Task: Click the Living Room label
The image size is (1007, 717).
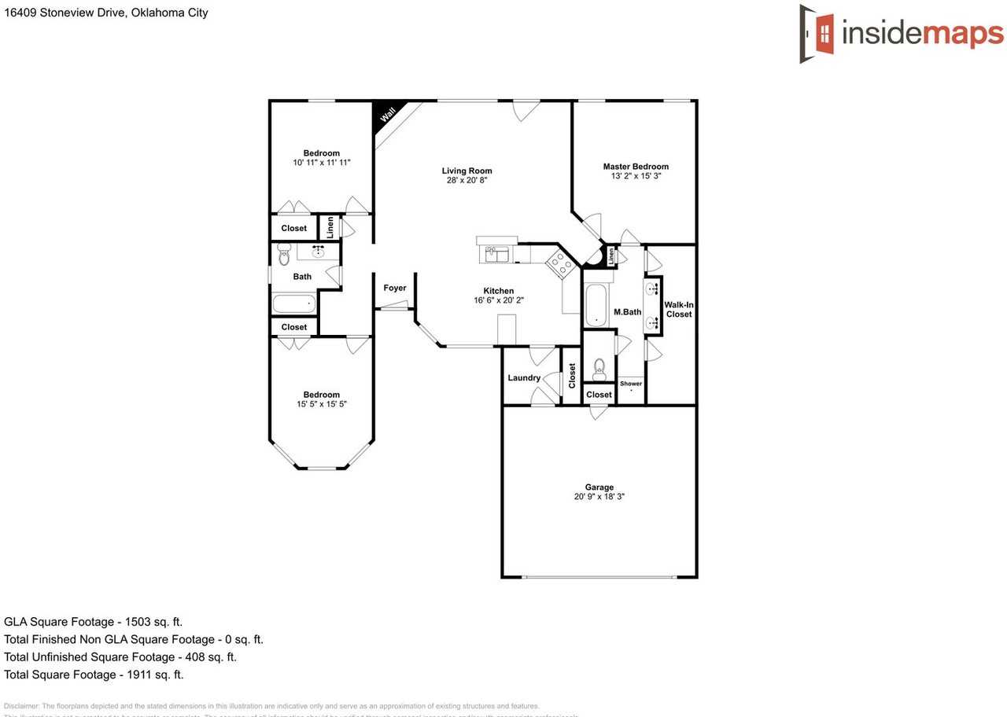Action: click(x=467, y=171)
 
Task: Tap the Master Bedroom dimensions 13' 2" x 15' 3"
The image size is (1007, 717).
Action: click(x=636, y=176)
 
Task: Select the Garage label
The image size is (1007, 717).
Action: click(x=599, y=487)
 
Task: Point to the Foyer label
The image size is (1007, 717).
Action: click(x=395, y=288)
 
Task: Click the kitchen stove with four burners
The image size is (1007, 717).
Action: click(x=561, y=264)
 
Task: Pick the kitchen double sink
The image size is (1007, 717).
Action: click(x=497, y=254)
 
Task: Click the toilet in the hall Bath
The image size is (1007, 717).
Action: click(x=285, y=255)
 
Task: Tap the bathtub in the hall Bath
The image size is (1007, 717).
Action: click(x=294, y=303)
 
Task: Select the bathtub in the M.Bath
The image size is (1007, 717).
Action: click(x=596, y=305)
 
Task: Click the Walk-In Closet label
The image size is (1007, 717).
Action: click(x=678, y=309)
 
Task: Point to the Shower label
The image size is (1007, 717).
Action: click(x=631, y=384)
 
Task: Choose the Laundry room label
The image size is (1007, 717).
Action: click(x=524, y=378)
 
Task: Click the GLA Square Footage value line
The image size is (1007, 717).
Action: click(x=93, y=622)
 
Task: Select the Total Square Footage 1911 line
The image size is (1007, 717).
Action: click(x=94, y=675)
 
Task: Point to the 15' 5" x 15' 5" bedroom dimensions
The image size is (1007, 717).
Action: click(x=321, y=404)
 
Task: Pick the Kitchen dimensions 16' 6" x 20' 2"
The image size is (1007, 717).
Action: click(x=498, y=300)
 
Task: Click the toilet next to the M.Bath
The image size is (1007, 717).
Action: click(x=599, y=367)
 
